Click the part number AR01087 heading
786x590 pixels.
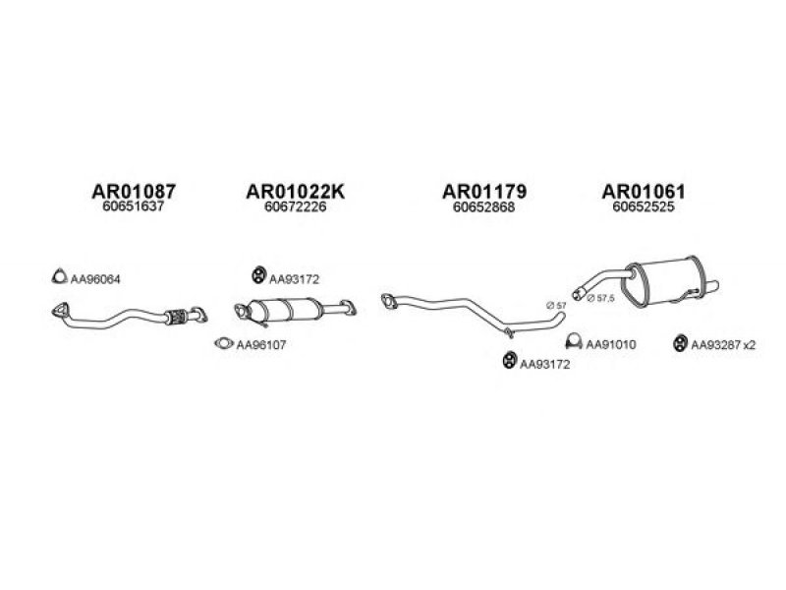(134, 191)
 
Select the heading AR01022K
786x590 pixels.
(296, 191)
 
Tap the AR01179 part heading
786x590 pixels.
(484, 191)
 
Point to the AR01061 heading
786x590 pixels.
(644, 191)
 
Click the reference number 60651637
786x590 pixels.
(134, 206)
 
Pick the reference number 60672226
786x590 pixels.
(296, 206)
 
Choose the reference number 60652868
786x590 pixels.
(483, 206)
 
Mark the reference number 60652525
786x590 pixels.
(644, 206)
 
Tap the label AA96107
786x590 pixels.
(261, 345)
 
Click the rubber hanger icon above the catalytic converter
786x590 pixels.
(258, 275)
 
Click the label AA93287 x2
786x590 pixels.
(723, 345)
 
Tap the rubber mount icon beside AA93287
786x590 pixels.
(680, 343)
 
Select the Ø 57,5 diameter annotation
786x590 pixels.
(600, 298)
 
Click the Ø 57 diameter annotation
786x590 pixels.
(556, 305)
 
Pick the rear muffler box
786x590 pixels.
(662, 280)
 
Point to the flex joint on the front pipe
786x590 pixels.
(177, 317)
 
